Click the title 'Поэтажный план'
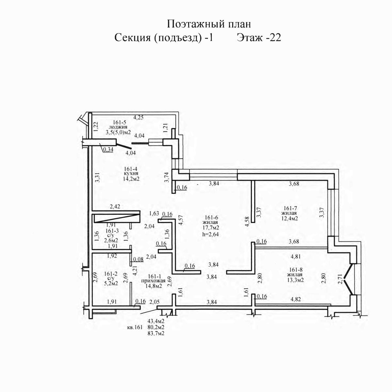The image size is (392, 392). (x=209, y=24)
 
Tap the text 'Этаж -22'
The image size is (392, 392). (x=259, y=38)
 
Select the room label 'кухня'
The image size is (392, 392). (x=131, y=173)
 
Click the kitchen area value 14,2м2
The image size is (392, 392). (x=131, y=179)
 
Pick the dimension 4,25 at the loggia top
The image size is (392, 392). (x=138, y=117)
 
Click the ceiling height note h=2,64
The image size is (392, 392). (x=210, y=234)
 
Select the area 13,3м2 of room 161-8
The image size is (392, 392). (x=295, y=280)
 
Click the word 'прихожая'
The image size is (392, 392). (x=154, y=281)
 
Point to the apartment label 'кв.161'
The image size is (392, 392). (x=134, y=328)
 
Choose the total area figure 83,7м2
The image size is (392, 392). (x=156, y=334)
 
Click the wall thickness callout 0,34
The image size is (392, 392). (x=108, y=150)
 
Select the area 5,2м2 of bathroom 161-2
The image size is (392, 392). (x=111, y=283)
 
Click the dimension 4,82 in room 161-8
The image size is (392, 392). (x=296, y=299)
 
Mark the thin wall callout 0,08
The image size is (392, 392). (x=138, y=259)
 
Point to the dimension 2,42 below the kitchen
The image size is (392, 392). (x=115, y=207)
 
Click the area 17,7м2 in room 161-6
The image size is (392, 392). (x=211, y=228)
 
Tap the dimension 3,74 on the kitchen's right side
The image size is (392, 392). (x=167, y=177)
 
